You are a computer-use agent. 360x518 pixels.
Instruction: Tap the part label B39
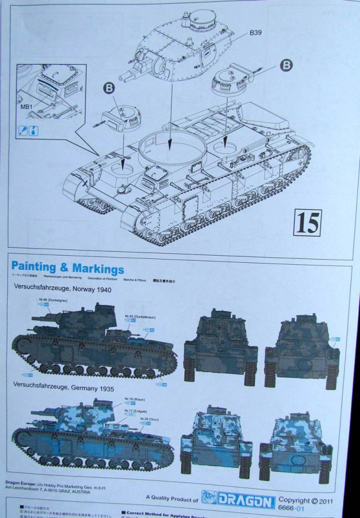pos(257,33)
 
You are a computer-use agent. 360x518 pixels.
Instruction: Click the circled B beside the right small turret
pos(286,65)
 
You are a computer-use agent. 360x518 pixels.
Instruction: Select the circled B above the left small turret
pos(108,88)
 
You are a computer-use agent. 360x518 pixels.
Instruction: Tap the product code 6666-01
pos(296,508)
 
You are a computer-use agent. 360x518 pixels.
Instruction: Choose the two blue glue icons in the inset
pos(30,129)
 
